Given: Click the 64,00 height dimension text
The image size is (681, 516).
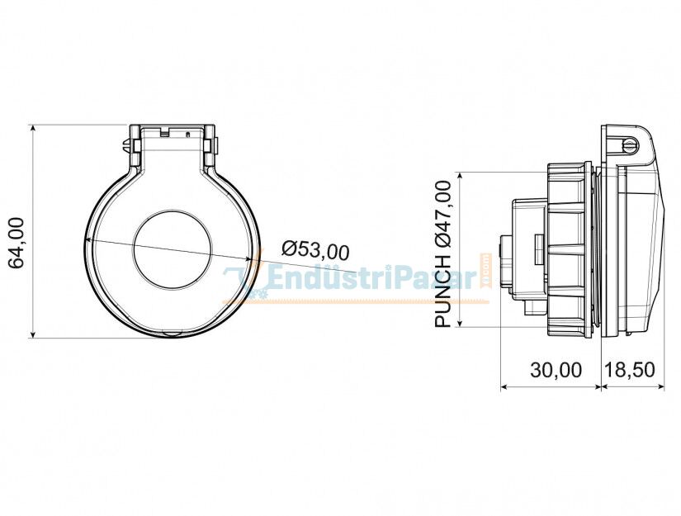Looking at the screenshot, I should (x=17, y=243).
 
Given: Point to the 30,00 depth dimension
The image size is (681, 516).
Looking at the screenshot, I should (x=556, y=370).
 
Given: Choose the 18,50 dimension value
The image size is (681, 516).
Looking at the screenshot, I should (x=631, y=370).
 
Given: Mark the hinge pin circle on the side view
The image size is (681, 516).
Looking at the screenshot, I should (x=630, y=145).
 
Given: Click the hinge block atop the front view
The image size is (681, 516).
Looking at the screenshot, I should (x=172, y=136).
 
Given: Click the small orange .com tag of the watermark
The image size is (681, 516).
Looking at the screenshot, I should (x=486, y=269).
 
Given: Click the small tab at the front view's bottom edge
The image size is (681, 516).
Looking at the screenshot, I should (x=172, y=334).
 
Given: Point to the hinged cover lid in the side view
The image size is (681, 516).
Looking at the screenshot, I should (x=640, y=239).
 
